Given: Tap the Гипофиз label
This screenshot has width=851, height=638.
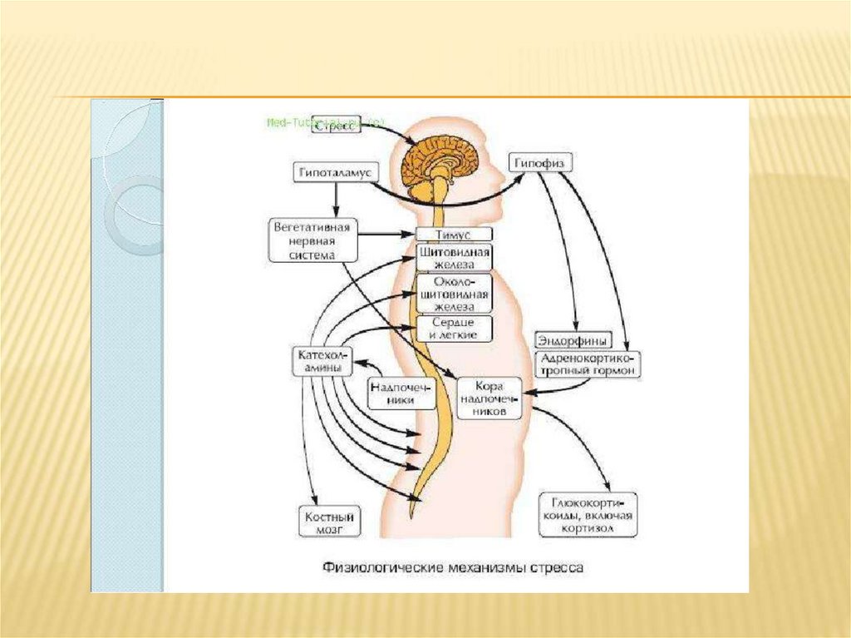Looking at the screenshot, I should pyautogui.click(x=539, y=164).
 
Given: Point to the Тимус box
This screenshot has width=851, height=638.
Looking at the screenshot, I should pyautogui.click(x=454, y=235).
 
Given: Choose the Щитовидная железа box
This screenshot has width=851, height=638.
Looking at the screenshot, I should pyautogui.click(x=454, y=257).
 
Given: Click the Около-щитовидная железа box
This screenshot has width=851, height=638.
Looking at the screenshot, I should pyautogui.click(x=454, y=293).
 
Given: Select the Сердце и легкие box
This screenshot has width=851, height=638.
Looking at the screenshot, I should pyautogui.click(x=454, y=329).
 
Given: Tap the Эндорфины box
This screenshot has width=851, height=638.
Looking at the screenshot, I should pyautogui.click(x=573, y=340).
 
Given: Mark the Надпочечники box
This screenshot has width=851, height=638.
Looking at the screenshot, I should pyautogui.click(x=402, y=393).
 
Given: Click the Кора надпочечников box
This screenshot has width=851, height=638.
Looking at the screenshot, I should pyautogui.click(x=489, y=398).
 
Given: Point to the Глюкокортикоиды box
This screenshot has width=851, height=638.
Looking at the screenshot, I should pyautogui.click(x=588, y=516).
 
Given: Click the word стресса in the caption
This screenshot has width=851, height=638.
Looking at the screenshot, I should pyautogui.click(x=552, y=569).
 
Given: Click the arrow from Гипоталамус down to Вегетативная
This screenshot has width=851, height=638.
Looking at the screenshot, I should pyautogui.click(x=336, y=200).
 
